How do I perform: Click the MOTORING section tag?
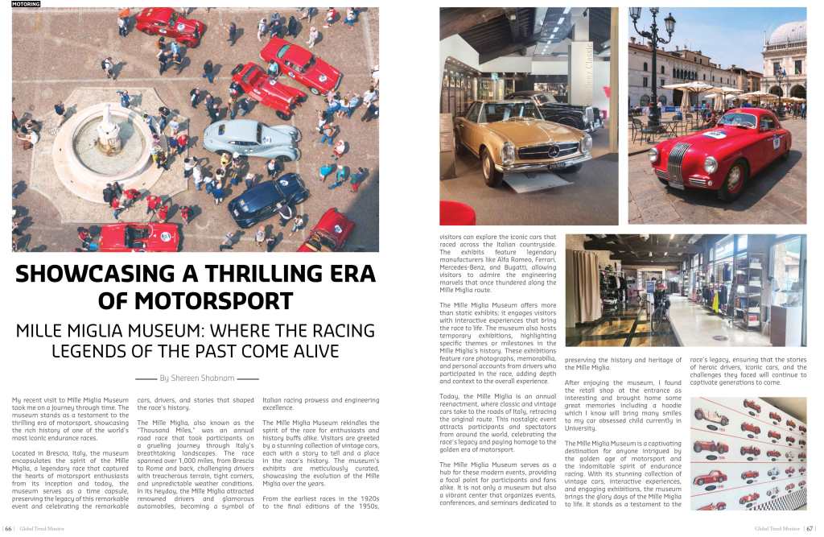[26, 4]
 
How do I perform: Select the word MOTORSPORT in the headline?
[195, 302]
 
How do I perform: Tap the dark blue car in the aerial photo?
[267, 199]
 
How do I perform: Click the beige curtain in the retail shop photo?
[586, 286]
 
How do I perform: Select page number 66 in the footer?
[9, 529]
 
